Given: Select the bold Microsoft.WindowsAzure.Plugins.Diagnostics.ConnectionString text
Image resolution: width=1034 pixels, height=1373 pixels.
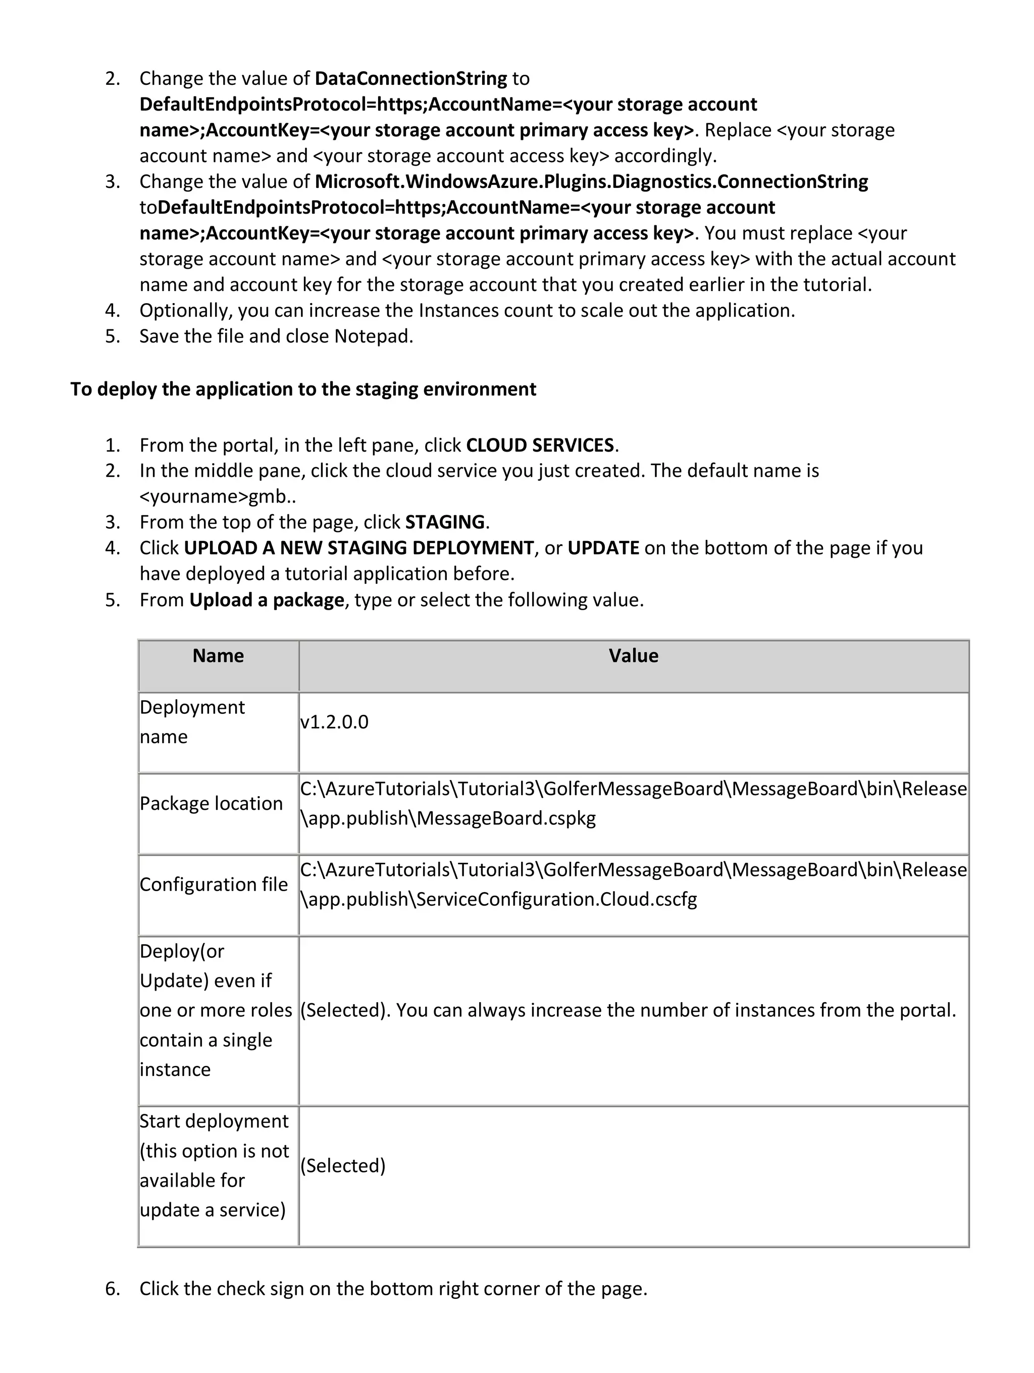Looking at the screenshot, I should pos(591,182).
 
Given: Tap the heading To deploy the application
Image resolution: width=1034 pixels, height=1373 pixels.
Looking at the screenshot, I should pos(303,389).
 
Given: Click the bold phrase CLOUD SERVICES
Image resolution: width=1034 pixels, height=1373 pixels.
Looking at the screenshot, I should pos(540,446).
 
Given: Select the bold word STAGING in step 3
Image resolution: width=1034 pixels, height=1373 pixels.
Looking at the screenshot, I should pos(445,522).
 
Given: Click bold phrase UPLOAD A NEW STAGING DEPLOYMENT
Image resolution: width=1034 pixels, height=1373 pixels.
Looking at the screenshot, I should pos(358,548).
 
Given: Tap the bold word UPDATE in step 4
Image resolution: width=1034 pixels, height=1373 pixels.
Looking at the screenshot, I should pos(603,548).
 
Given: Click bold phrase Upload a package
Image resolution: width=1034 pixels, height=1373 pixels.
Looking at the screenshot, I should pos(267,600).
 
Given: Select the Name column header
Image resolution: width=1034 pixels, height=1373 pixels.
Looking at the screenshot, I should pos(218,656).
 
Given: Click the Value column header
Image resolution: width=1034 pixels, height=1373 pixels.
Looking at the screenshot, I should pos(633,656).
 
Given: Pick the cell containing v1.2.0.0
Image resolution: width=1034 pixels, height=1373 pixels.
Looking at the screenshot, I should pos(334,722).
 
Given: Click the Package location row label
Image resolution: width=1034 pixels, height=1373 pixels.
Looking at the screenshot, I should pos(211,804).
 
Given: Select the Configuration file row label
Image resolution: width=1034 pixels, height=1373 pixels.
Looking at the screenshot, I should pos(214,885).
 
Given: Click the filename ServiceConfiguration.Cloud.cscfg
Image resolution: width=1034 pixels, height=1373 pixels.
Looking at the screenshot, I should pos(556,899).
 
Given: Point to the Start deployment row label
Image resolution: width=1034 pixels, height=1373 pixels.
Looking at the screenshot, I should pos(214,1121).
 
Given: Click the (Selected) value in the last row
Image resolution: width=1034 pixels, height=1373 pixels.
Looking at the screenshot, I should pos(342,1166).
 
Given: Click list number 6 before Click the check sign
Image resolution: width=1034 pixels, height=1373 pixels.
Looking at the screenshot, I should pos(112,1289).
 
